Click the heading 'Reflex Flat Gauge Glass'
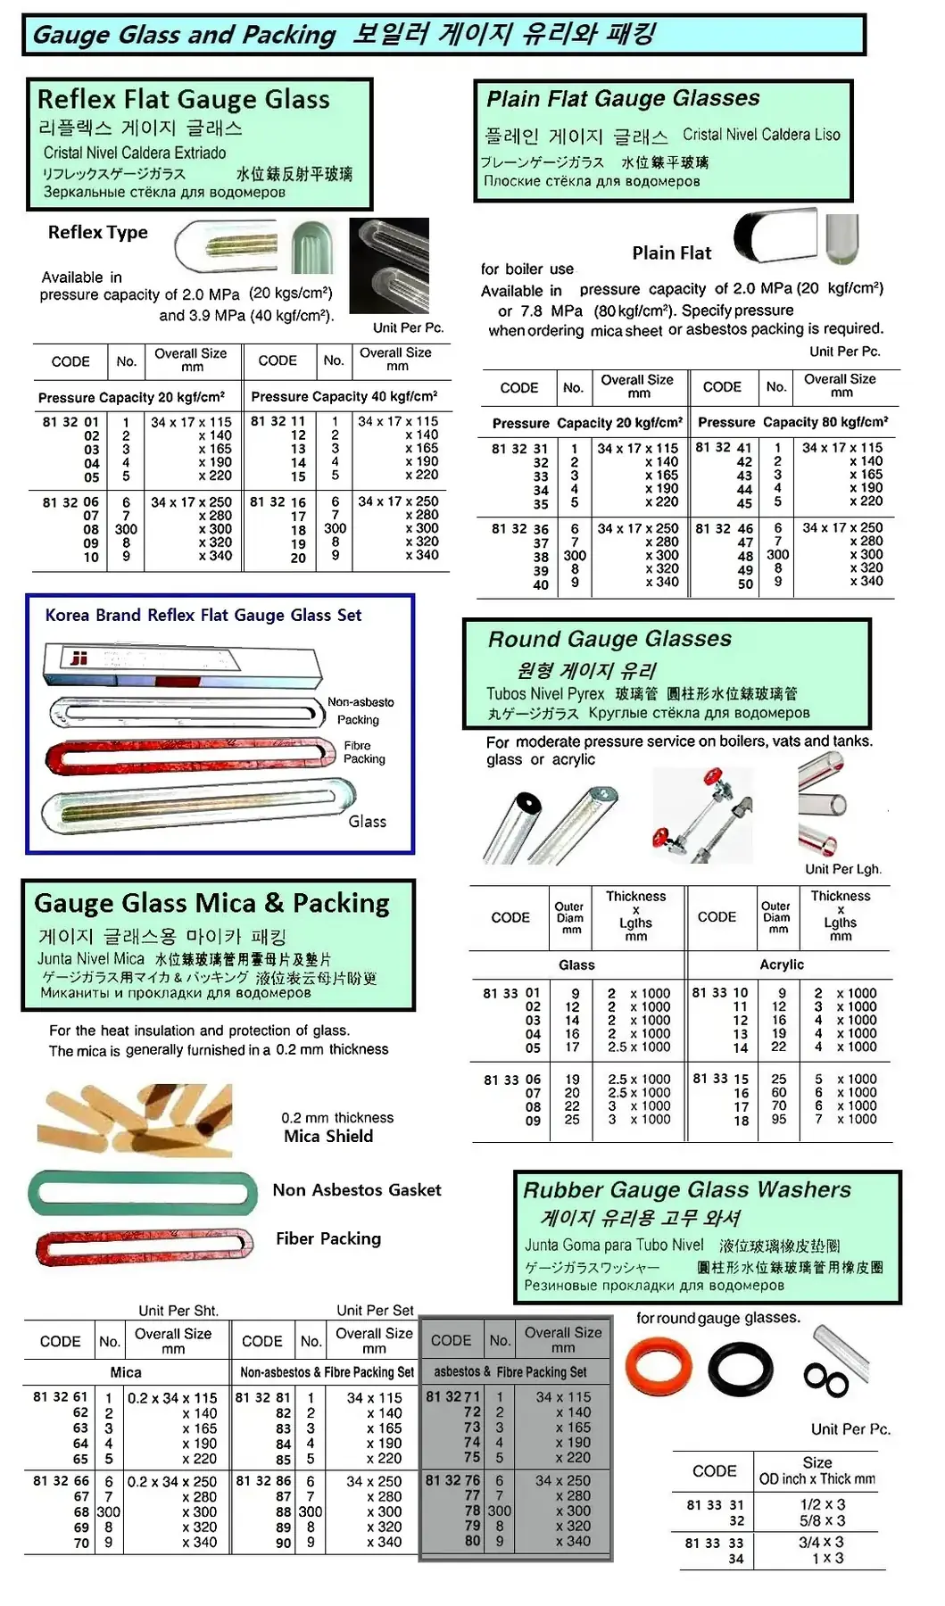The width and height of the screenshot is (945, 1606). (184, 99)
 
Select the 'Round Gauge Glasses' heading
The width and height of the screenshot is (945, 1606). (609, 639)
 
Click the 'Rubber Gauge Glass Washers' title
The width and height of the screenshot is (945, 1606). (687, 1189)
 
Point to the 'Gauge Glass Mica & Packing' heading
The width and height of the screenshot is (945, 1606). (211, 903)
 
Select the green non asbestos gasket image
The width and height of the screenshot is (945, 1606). (137, 1193)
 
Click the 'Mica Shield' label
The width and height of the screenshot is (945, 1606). (328, 1136)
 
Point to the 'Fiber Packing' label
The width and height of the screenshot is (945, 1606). (328, 1238)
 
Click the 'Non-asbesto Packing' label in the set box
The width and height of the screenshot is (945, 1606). (360, 710)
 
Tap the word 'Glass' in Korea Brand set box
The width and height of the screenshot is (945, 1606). (367, 822)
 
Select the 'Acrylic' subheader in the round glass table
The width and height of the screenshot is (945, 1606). (782, 964)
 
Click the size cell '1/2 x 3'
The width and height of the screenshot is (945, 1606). (822, 1504)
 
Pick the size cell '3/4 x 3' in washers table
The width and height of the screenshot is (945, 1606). (821, 1542)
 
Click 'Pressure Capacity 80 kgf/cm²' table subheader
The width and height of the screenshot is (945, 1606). (792, 422)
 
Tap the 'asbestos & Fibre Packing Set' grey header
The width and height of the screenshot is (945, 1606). (510, 1371)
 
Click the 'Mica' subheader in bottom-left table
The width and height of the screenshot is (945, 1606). (126, 1372)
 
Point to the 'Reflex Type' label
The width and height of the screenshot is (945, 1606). (98, 232)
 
